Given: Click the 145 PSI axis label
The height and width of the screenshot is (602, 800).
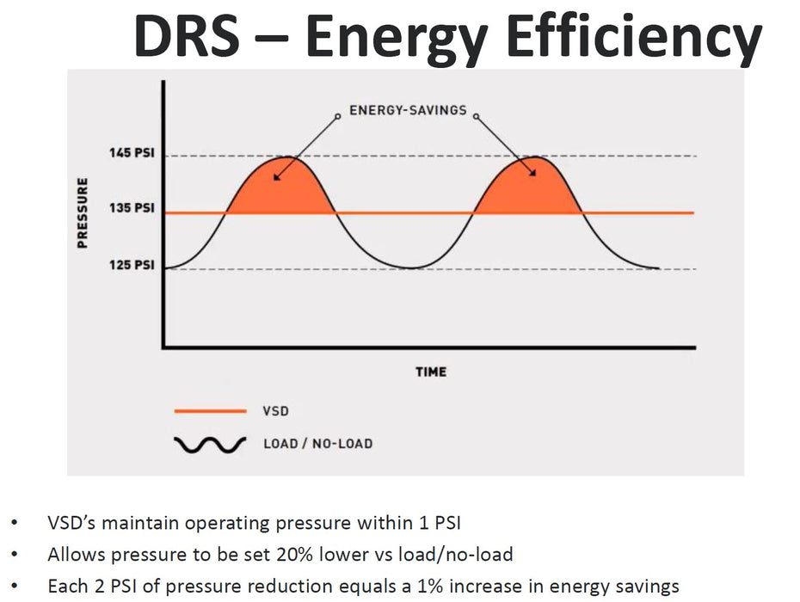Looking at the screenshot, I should [x=132, y=153].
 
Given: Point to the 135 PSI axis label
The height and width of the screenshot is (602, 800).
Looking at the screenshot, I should [x=132, y=208].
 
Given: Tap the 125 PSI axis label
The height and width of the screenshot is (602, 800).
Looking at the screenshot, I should [x=132, y=265].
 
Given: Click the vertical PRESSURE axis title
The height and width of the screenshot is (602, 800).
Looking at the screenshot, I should [x=83, y=212].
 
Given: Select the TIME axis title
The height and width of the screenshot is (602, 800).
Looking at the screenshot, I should [x=431, y=372].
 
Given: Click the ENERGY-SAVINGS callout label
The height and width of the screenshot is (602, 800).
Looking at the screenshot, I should [x=408, y=110].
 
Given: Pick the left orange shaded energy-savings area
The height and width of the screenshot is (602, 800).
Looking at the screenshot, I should [x=280, y=187].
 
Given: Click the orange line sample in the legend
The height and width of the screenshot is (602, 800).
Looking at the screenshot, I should [x=209, y=411].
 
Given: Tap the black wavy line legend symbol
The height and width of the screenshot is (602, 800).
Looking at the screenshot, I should [x=209, y=445].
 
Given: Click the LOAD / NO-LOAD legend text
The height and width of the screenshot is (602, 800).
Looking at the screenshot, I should [x=317, y=445].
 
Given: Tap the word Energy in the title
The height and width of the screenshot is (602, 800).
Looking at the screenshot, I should [x=394, y=39].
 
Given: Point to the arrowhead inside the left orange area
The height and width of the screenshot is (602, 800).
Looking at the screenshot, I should [x=274, y=178].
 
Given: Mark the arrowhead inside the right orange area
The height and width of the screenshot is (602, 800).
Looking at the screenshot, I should [x=532, y=173].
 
